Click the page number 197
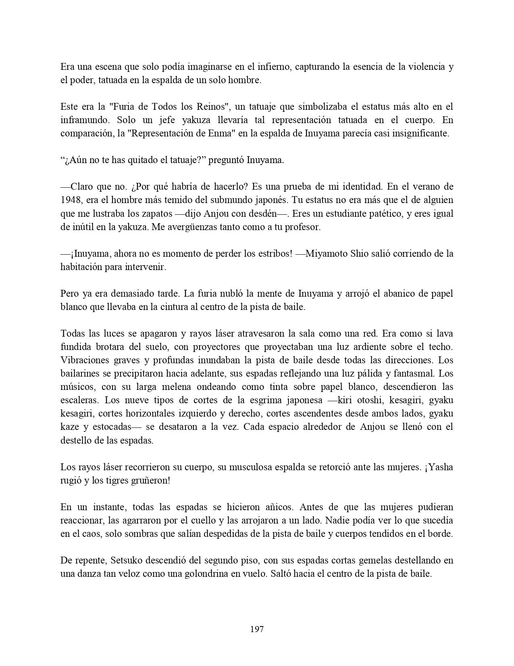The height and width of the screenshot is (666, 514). coord(257,629)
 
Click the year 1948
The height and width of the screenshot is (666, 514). coord(69,200)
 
